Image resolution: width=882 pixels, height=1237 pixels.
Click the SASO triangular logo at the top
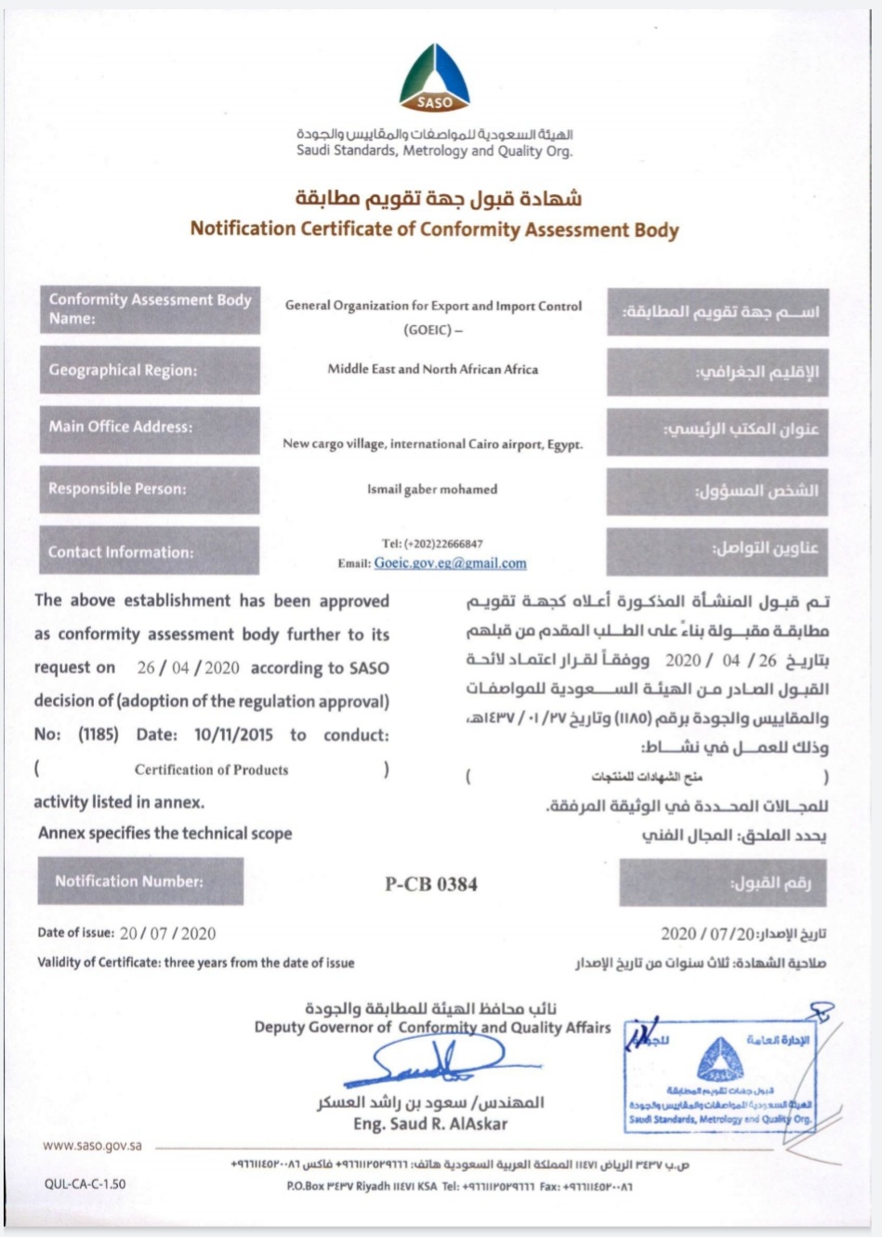coord(434,79)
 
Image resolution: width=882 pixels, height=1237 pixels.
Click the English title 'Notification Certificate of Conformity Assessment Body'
coord(434,230)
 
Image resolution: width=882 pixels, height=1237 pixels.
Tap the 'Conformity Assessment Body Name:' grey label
coord(150,309)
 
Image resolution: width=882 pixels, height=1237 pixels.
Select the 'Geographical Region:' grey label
coord(150,370)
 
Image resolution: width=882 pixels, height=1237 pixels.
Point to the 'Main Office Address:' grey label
coord(150,428)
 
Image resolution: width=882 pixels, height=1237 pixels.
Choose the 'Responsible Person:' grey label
coord(150,489)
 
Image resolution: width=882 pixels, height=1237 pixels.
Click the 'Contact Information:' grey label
coord(150,552)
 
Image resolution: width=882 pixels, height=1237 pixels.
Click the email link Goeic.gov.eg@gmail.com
coord(450,563)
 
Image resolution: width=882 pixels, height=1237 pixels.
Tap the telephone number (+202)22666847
coord(432,544)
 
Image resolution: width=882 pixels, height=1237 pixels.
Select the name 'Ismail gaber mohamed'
coord(432,490)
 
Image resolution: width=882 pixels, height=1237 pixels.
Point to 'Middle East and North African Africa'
coord(432,369)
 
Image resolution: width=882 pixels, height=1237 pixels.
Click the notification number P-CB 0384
coord(431,884)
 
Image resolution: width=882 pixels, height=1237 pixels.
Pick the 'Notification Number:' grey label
coord(140,881)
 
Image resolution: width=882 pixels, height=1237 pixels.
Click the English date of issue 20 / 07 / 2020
coord(167,933)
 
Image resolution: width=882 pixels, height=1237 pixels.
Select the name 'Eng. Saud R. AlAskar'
coord(430,1125)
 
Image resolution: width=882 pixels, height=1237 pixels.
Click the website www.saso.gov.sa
coord(92,1146)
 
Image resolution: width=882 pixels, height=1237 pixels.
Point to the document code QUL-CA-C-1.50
coord(85,1184)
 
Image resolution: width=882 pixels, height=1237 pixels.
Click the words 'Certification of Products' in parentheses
coord(211,770)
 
